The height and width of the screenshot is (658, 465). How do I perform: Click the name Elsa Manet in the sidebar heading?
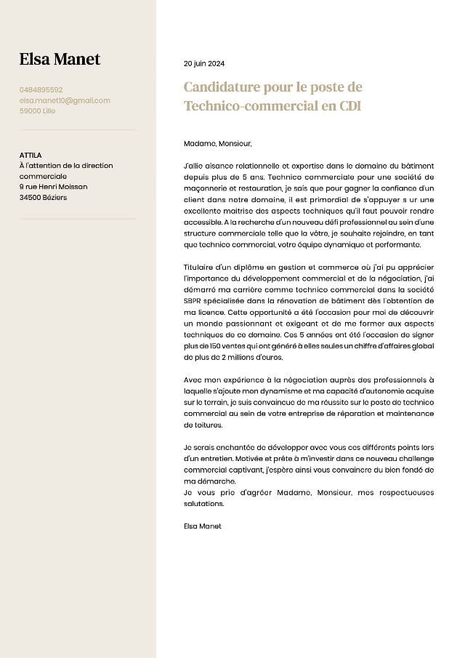(x=60, y=59)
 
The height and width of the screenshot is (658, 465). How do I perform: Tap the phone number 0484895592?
(x=41, y=89)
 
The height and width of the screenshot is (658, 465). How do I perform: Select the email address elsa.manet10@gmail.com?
(x=65, y=100)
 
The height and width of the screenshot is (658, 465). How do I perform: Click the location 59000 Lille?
(x=37, y=111)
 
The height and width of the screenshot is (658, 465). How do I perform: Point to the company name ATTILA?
(x=31, y=155)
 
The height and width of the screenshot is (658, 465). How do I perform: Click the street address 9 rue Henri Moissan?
(x=53, y=186)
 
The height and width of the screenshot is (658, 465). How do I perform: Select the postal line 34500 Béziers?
(x=43, y=197)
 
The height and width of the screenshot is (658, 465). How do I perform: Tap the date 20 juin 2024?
(x=204, y=64)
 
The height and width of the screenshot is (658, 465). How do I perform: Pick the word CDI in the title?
(x=350, y=106)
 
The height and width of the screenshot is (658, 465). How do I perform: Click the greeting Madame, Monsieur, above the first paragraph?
(x=217, y=143)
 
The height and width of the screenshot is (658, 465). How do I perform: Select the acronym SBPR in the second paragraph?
(x=195, y=300)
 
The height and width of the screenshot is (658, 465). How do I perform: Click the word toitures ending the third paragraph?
(x=203, y=424)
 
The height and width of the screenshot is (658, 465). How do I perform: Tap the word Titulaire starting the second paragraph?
(x=199, y=268)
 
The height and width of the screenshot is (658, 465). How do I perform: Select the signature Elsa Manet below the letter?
(x=203, y=526)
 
